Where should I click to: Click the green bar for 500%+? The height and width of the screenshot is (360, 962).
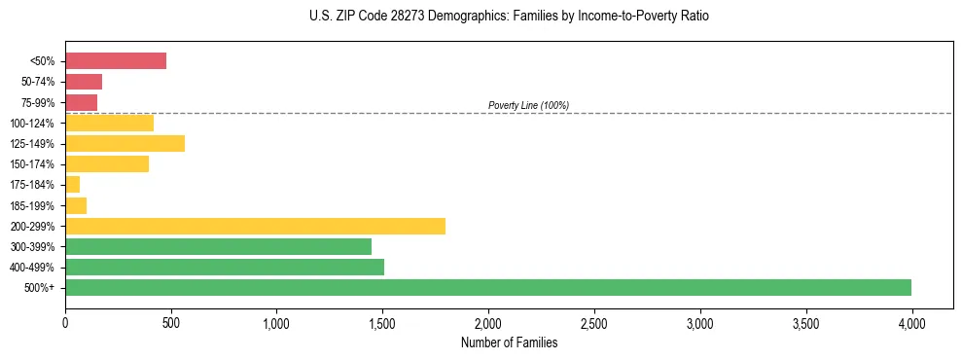(x=488, y=287)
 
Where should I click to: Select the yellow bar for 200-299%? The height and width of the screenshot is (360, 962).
(x=255, y=226)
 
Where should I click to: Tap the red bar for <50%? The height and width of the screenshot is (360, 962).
(x=116, y=60)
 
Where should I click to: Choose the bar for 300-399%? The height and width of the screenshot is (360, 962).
(x=218, y=246)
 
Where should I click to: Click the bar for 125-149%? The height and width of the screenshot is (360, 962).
(x=125, y=143)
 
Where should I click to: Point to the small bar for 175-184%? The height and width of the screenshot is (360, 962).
(x=73, y=184)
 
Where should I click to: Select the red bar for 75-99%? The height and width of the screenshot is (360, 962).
(x=81, y=102)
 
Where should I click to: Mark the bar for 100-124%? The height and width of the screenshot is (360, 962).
(x=109, y=123)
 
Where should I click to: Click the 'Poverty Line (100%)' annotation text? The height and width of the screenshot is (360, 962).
(x=528, y=105)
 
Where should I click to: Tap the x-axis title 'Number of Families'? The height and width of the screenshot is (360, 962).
(x=509, y=342)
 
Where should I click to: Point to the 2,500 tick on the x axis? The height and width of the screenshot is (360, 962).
(x=594, y=322)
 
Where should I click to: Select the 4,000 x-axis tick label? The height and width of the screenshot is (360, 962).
(x=911, y=322)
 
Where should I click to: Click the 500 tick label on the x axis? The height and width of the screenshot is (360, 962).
(x=171, y=322)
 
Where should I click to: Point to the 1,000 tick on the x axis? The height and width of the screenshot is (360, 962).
(x=276, y=322)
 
